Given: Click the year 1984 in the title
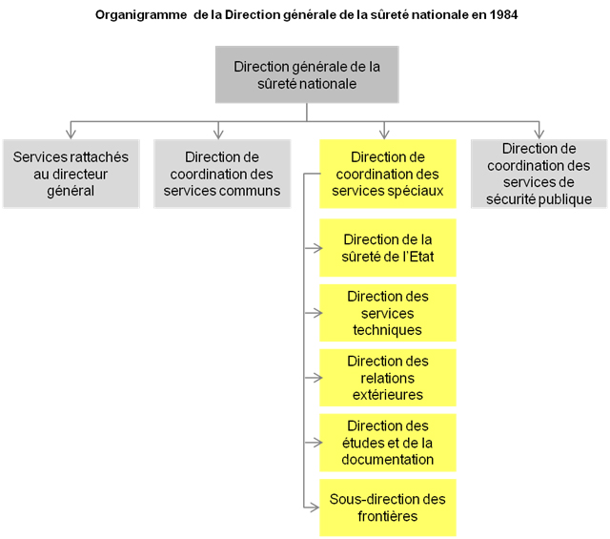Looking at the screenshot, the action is [x=503, y=15].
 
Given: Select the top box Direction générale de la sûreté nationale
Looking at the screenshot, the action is [x=307, y=74].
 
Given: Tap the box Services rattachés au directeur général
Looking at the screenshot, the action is [x=71, y=174].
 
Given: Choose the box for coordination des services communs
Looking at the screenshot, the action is [x=222, y=174].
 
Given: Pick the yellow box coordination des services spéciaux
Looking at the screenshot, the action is [x=388, y=174].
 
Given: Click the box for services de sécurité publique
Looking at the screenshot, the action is [x=539, y=174].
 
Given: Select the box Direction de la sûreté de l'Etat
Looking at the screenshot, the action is [x=388, y=248].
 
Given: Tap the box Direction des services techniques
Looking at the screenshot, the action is [x=388, y=313].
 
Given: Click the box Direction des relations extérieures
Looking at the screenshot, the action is [x=388, y=378].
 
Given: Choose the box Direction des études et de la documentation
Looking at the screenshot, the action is [x=388, y=443].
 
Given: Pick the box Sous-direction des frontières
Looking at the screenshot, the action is [x=388, y=508].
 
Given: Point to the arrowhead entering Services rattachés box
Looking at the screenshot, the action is [x=71, y=135].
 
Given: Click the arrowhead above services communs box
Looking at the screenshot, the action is [x=218, y=135].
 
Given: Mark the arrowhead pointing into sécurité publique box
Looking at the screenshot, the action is [x=539, y=135].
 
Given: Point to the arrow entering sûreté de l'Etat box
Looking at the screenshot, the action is [x=314, y=248].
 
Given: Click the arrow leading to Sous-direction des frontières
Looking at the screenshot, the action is [x=312, y=508].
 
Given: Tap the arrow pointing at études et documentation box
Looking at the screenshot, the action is [x=314, y=443].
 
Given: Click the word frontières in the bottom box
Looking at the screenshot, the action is [x=388, y=516].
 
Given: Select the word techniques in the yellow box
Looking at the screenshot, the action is [x=388, y=330].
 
